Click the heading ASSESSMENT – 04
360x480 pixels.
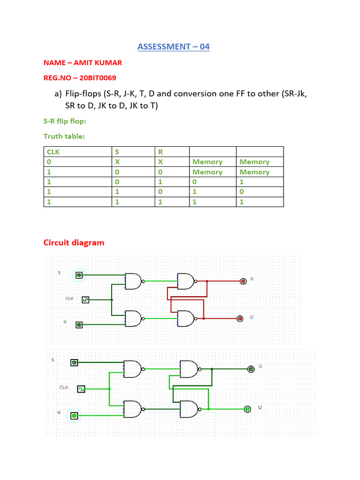point(173,46)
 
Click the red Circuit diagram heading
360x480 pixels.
point(74,242)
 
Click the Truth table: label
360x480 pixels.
point(64,136)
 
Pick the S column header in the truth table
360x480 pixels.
point(117,151)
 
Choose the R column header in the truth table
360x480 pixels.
point(160,151)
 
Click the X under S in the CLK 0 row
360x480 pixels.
point(117,162)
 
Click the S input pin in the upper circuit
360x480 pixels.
point(79,275)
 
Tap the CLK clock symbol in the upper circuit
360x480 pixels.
point(85,300)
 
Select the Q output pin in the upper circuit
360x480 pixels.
point(243,281)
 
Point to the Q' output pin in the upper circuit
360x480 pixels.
point(240,319)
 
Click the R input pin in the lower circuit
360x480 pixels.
point(74,415)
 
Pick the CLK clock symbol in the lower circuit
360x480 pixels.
point(81,389)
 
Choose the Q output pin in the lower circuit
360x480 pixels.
point(251,369)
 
